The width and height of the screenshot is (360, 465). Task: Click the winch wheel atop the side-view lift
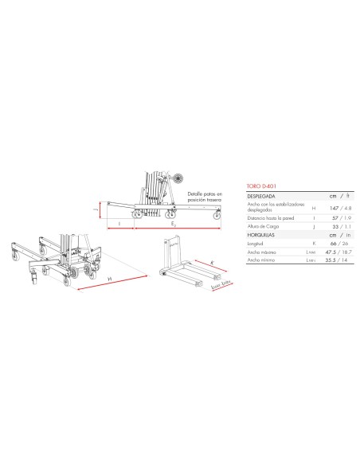(180, 179)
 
